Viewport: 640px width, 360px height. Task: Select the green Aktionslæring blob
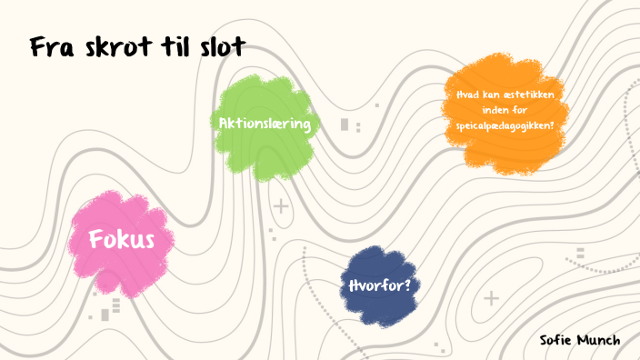click(x=264, y=150)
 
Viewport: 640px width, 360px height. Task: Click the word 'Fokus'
click(x=121, y=241)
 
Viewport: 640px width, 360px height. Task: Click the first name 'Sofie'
click(x=556, y=340)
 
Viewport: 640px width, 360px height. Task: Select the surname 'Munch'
click(x=600, y=340)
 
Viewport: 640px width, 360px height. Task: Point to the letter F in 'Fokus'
click(x=96, y=241)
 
